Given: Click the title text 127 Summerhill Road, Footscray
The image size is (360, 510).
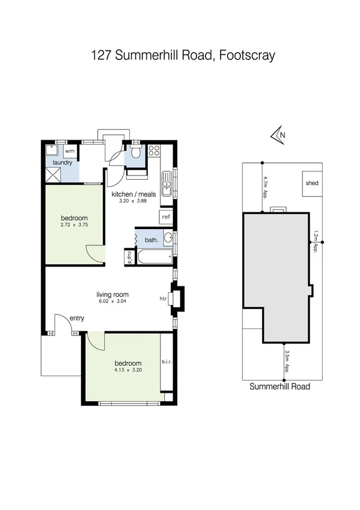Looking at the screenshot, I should (183, 56).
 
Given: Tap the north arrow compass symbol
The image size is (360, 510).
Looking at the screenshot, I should (278, 136).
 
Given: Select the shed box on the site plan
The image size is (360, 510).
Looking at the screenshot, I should (312, 183).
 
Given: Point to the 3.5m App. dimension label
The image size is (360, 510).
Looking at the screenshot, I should (288, 361).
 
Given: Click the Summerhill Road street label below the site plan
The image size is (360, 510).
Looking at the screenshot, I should (279, 387).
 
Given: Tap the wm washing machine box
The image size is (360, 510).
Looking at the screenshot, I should (70, 150).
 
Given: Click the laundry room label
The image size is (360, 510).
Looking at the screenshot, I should (63, 162).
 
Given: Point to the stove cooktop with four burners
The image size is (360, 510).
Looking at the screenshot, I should (154, 151).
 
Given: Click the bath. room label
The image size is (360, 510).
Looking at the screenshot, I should (151, 240).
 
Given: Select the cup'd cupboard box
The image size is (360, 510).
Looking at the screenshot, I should (129, 257).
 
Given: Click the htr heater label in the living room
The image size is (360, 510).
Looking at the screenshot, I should (162, 298).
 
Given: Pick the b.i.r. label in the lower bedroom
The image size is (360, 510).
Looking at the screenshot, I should (166, 362).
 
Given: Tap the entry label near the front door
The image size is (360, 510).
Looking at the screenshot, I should (77, 318).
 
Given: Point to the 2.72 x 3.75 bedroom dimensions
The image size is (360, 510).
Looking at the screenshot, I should (75, 225).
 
